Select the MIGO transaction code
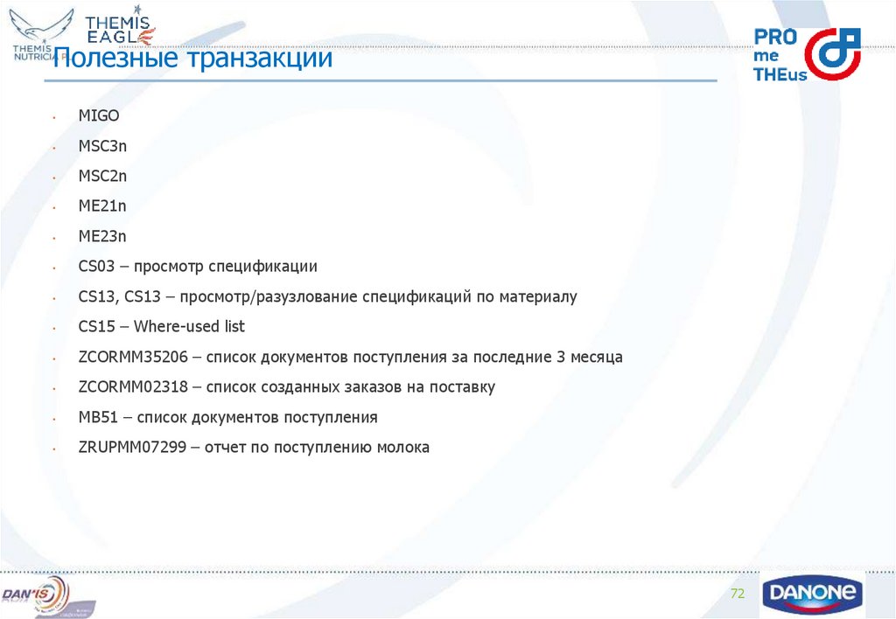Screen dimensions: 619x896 98,115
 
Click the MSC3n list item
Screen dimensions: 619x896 102,146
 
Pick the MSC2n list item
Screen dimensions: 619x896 102,176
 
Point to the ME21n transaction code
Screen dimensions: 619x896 102,206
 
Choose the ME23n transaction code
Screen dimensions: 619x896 102,236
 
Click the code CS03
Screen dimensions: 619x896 96,266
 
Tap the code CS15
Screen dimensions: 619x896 96,326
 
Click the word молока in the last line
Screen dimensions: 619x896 403,447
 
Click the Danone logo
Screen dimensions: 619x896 812,595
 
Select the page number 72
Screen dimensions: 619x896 737,595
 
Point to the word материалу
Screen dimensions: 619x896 538,296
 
